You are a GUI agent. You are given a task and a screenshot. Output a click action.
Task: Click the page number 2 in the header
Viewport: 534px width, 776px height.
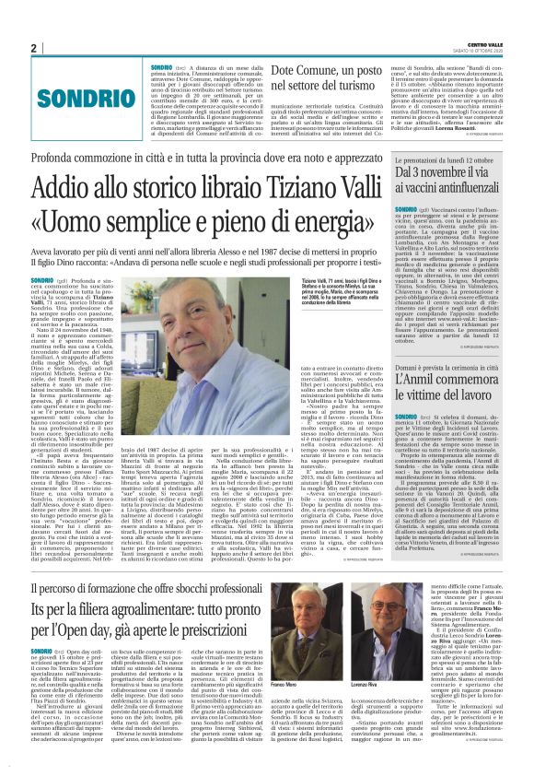[34, 47]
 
